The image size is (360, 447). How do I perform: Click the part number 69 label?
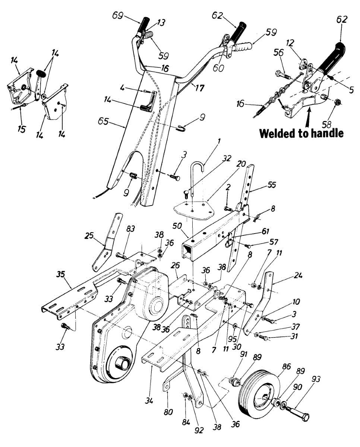click(x=118, y=16)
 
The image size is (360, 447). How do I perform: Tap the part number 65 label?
click(x=104, y=121)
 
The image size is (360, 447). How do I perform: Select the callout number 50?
click(x=177, y=226)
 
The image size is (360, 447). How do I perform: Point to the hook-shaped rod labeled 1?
click(x=198, y=178)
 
